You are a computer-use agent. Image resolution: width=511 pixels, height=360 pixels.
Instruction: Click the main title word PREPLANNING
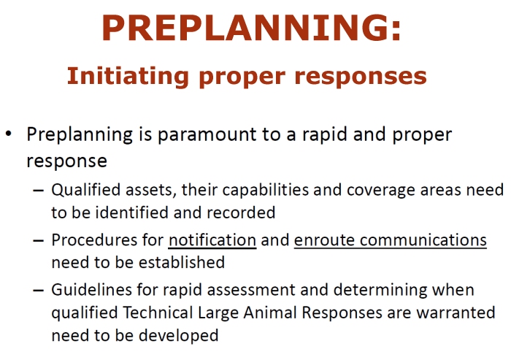tap(247, 28)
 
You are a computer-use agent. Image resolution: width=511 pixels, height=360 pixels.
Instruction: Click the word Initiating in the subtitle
tap(128, 76)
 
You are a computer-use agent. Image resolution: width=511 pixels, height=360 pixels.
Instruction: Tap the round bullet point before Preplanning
tap(9, 134)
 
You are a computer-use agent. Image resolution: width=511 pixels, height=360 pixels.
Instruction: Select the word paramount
tap(207, 134)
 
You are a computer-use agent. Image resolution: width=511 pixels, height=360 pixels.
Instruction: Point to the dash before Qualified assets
tap(39, 191)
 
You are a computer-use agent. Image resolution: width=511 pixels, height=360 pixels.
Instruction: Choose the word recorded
tap(241, 212)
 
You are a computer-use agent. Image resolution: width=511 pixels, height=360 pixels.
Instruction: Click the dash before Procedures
tap(39, 241)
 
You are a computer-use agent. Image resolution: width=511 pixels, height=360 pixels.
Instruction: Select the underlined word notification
tap(212, 240)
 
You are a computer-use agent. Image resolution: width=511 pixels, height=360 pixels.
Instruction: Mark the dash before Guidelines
tap(39, 290)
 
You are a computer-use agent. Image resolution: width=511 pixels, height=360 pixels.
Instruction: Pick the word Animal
tap(270, 313)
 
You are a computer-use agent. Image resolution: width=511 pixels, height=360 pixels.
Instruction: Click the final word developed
tap(179, 336)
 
